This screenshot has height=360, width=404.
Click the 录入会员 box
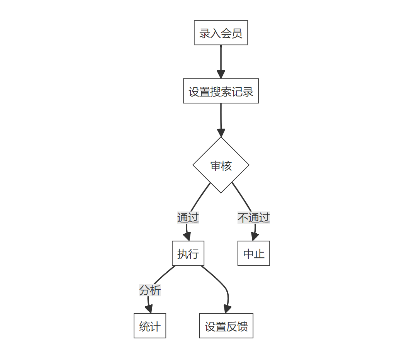click(x=221, y=33)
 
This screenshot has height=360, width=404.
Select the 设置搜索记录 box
click(x=221, y=91)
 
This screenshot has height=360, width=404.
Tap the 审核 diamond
click(x=221, y=165)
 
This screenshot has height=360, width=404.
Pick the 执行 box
click(x=188, y=253)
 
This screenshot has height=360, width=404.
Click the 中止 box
click(x=253, y=253)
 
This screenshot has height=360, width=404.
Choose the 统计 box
click(x=149, y=326)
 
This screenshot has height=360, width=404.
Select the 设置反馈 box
click(x=226, y=326)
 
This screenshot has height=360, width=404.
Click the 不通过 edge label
click(x=253, y=218)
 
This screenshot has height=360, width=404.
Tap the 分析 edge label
click(x=150, y=290)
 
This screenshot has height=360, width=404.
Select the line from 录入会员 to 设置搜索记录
click(x=221, y=58)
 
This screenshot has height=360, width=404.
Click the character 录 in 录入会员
click(x=205, y=33)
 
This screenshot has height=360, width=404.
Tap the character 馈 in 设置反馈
click(x=243, y=326)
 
